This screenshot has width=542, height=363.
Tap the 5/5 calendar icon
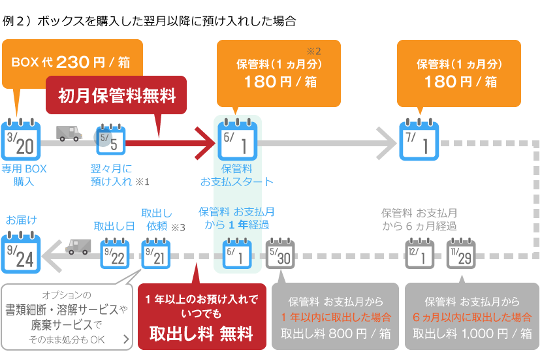pyautogui.click(x=110, y=140)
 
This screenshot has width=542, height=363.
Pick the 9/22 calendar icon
pyautogui.click(x=115, y=253)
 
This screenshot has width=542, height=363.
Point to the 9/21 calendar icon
pyautogui.click(x=156, y=253)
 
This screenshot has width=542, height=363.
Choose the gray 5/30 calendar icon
pyautogui.click(x=280, y=253)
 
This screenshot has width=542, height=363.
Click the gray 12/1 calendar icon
pyautogui.click(x=420, y=253)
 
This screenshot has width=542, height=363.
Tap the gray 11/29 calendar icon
pyautogui.click(x=461, y=253)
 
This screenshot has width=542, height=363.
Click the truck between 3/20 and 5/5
pyautogui.click(x=69, y=133)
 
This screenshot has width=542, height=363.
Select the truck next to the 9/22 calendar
pyautogui.click(x=78, y=247)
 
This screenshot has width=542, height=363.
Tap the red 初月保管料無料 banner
pyautogui.click(x=116, y=95)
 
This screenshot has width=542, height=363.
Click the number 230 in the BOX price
pyautogui.click(x=73, y=62)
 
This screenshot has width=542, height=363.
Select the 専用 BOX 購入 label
pyautogui.click(x=24, y=175)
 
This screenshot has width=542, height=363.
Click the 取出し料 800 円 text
pyautogui.click(x=336, y=334)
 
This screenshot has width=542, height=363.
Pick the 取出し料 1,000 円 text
pyautogui.click(x=472, y=334)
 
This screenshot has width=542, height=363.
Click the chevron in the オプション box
pyautogui.click(x=126, y=339)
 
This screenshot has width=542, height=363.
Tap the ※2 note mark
pyautogui.click(x=313, y=51)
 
